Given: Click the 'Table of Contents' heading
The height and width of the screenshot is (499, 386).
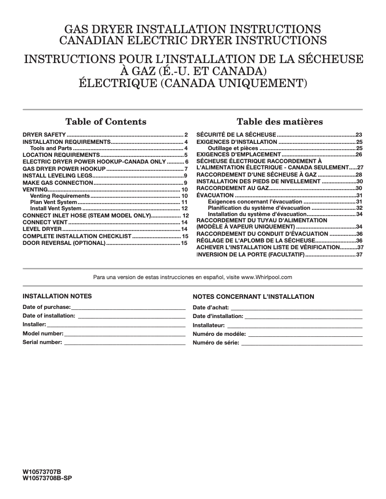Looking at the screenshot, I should click(105, 121).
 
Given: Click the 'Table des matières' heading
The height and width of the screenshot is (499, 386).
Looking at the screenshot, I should click(280, 121).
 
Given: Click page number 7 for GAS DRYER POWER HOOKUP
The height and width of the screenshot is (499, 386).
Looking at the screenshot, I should click(186, 169).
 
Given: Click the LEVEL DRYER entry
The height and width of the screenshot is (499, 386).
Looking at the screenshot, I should click(42, 230).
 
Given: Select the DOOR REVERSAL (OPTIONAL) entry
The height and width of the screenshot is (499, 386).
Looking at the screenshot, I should click(64, 243).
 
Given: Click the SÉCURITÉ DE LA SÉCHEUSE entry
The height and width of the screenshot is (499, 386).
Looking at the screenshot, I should click(236, 135).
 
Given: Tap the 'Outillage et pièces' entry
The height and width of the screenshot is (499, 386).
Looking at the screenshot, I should click(233, 148).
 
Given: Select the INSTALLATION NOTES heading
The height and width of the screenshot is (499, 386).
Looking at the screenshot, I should click(57, 296).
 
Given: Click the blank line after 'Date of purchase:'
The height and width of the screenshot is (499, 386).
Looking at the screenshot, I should click(128, 307).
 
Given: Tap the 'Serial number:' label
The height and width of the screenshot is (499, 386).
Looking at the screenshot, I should click(42, 343).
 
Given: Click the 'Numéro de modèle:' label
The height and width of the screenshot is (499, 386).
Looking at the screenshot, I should click(219, 334).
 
